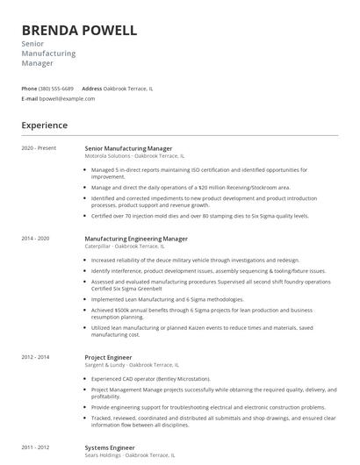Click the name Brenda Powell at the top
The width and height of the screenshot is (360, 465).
(79, 31)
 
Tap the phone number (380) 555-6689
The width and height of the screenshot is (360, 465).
(56, 89)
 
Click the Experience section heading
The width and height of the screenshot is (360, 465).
(45, 125)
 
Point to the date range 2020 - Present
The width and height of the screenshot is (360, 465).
(39, 148)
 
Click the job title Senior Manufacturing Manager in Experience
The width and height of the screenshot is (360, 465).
(128, 148)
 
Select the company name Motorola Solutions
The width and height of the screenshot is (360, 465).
(107, 155)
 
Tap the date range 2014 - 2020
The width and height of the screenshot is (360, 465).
(36, 239)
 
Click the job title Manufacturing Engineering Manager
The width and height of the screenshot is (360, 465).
(136, 239)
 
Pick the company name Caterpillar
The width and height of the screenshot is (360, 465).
(97, 247)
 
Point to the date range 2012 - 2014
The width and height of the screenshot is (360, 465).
(36, 357)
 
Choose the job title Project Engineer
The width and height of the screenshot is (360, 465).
(110, 357)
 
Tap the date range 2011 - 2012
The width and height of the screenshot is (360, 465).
(36, 447)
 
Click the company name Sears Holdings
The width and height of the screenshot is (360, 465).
(104, 455)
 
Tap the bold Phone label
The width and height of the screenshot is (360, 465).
(29, 89)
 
